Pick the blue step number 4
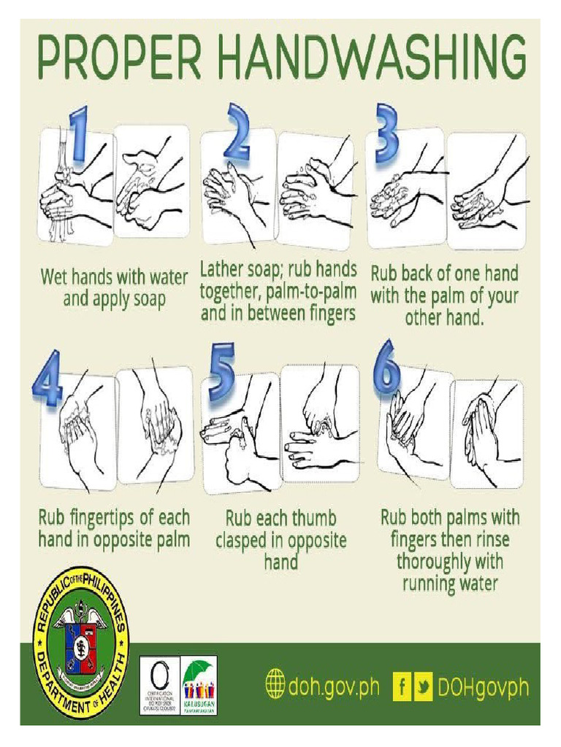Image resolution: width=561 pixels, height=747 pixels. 49,379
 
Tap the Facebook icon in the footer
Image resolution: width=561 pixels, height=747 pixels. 402,686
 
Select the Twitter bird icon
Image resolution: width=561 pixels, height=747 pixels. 422,686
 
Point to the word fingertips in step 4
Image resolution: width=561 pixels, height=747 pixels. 98,519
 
